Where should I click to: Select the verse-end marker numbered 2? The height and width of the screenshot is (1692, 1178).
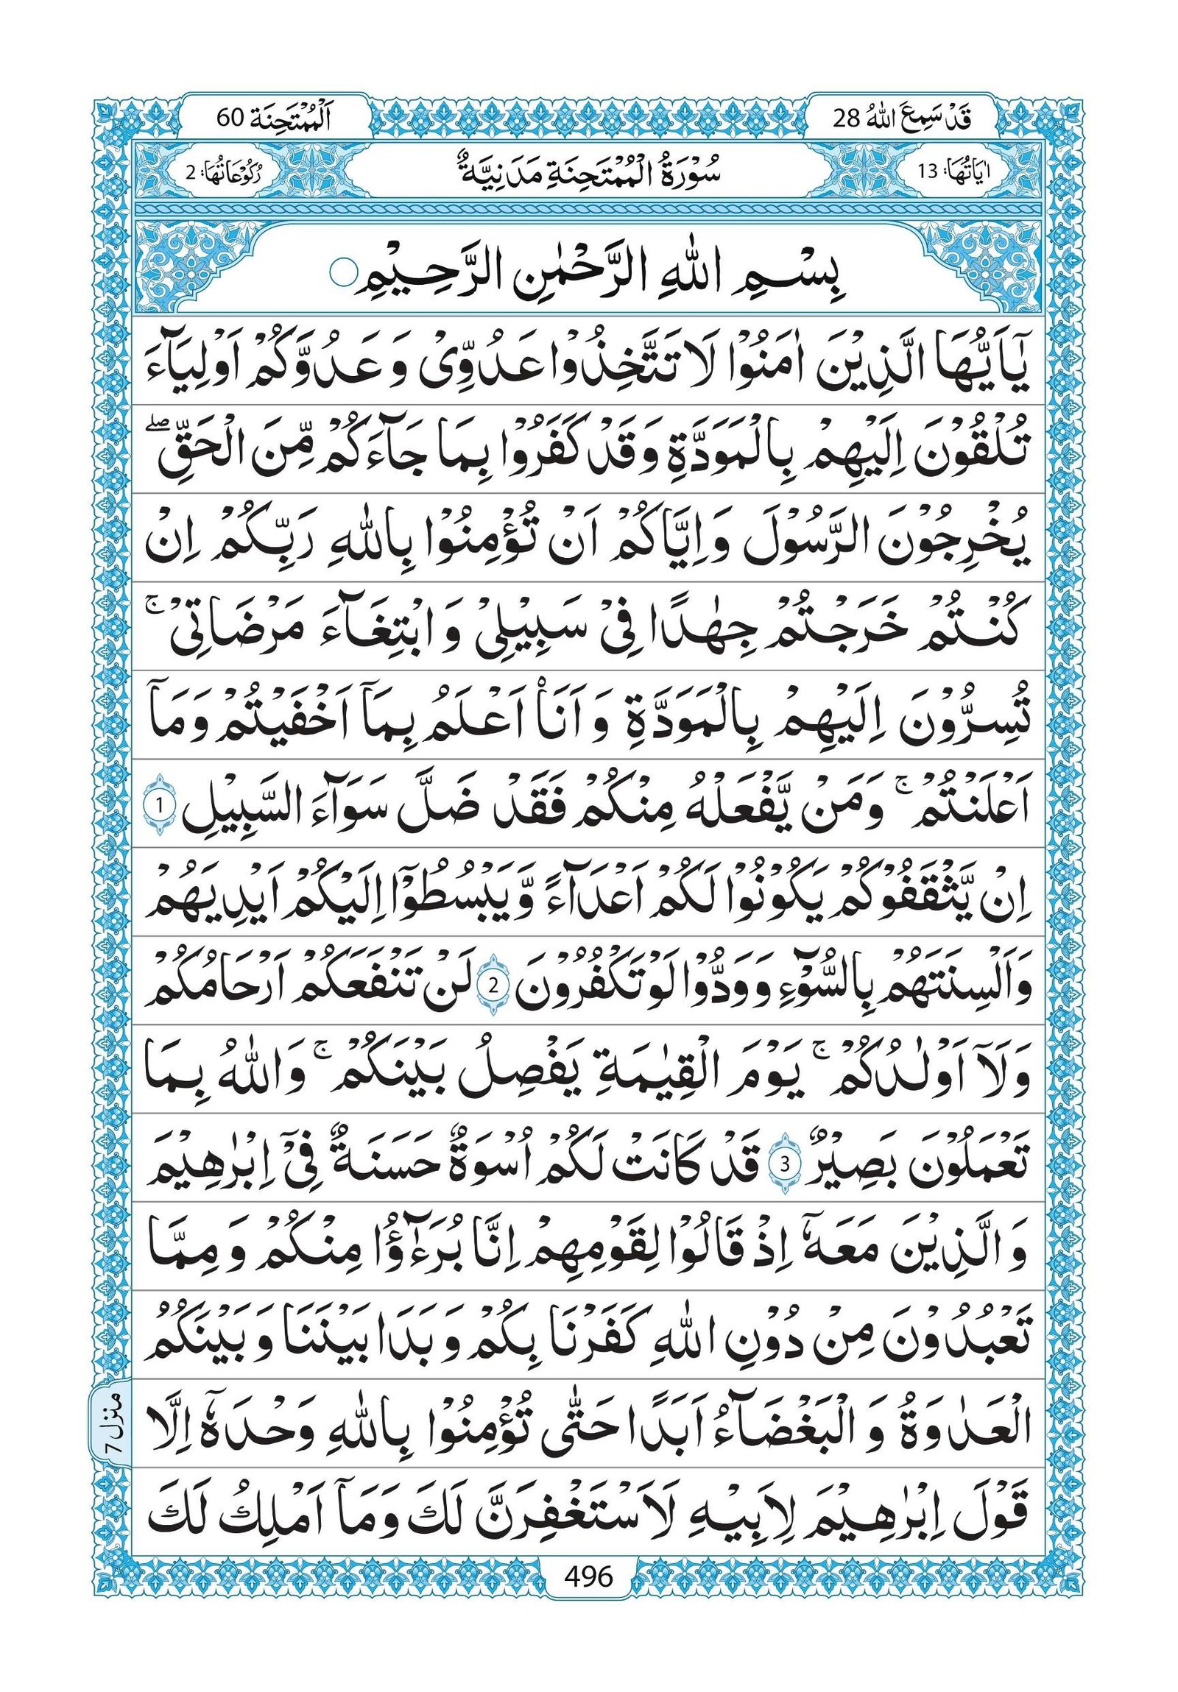[x=493, y=988]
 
